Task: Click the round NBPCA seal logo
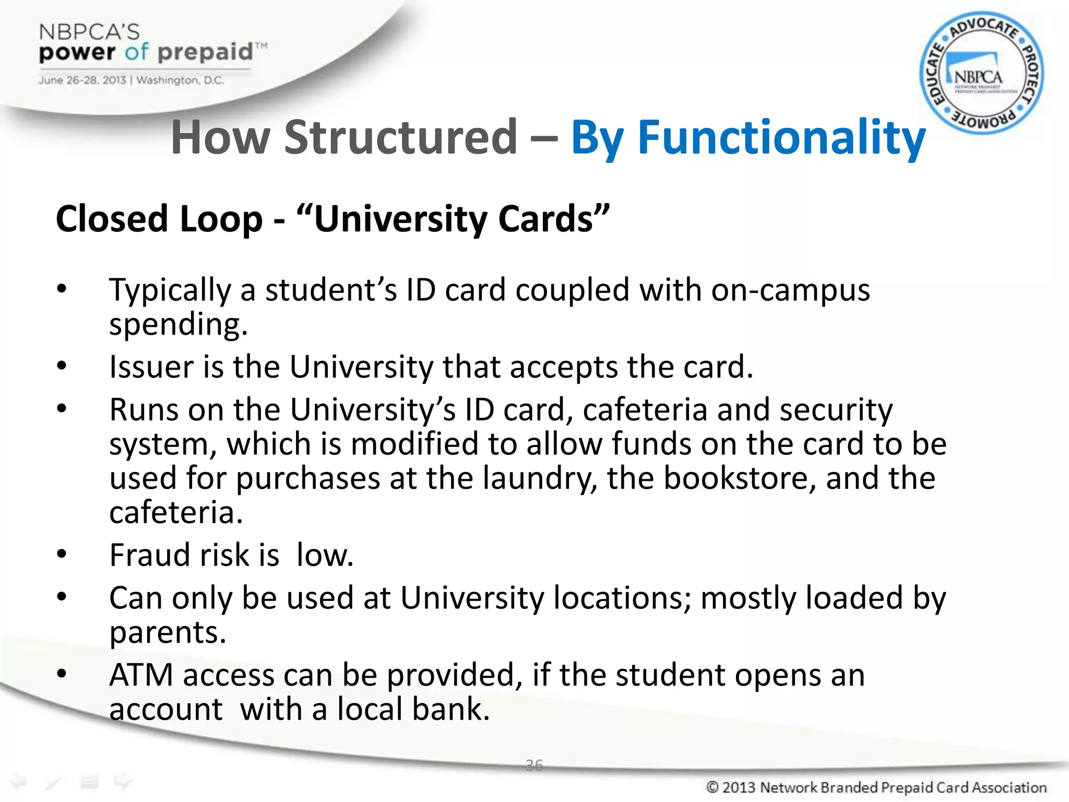point(981,73)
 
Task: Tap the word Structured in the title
point(400,137)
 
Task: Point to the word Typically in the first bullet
point(170,290)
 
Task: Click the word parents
point(167,633)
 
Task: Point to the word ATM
point(141,675)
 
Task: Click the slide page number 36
point(534,765)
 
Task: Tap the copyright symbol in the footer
point(712,787)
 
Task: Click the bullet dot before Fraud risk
point(62,553)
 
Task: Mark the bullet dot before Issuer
point(62,365)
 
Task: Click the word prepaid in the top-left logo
point(205,52)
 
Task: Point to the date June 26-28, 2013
point(82,80)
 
